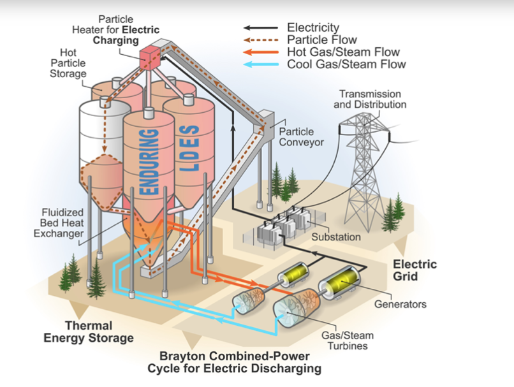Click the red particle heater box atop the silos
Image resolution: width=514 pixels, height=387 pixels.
pos(150,55)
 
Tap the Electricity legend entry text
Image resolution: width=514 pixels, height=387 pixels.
pos(313,27)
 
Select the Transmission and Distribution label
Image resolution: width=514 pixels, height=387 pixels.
pos(370,99)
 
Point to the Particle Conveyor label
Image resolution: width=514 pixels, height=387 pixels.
pos(300,136)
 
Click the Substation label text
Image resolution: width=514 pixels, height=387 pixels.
pos(336,237)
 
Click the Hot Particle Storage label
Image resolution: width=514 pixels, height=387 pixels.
pos(72,62)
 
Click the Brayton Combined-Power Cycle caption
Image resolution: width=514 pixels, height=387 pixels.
pos(234,362)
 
